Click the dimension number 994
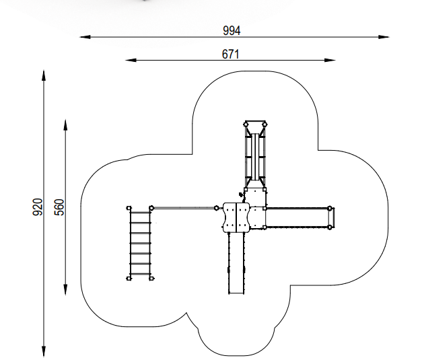pyautogui.click(x=232, y=31)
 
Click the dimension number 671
pyautogui.click(x=230, y=54)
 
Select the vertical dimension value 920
pyautogui.click(x=38, y=207)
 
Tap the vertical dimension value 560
pyautogui.click(x=59, y=207)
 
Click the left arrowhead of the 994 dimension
pyautogui.click(x=85, y=37)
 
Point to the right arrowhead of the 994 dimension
pyautogui.click(x=384, y=37)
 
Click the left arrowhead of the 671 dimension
pyautogui.click(x=131, y=60)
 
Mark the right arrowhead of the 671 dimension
pyautogui.click(x=330, y=60)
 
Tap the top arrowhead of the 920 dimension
pyautogui.click(x=44, y=75)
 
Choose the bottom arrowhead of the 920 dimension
pyautogui.click(x=44, y=352)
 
